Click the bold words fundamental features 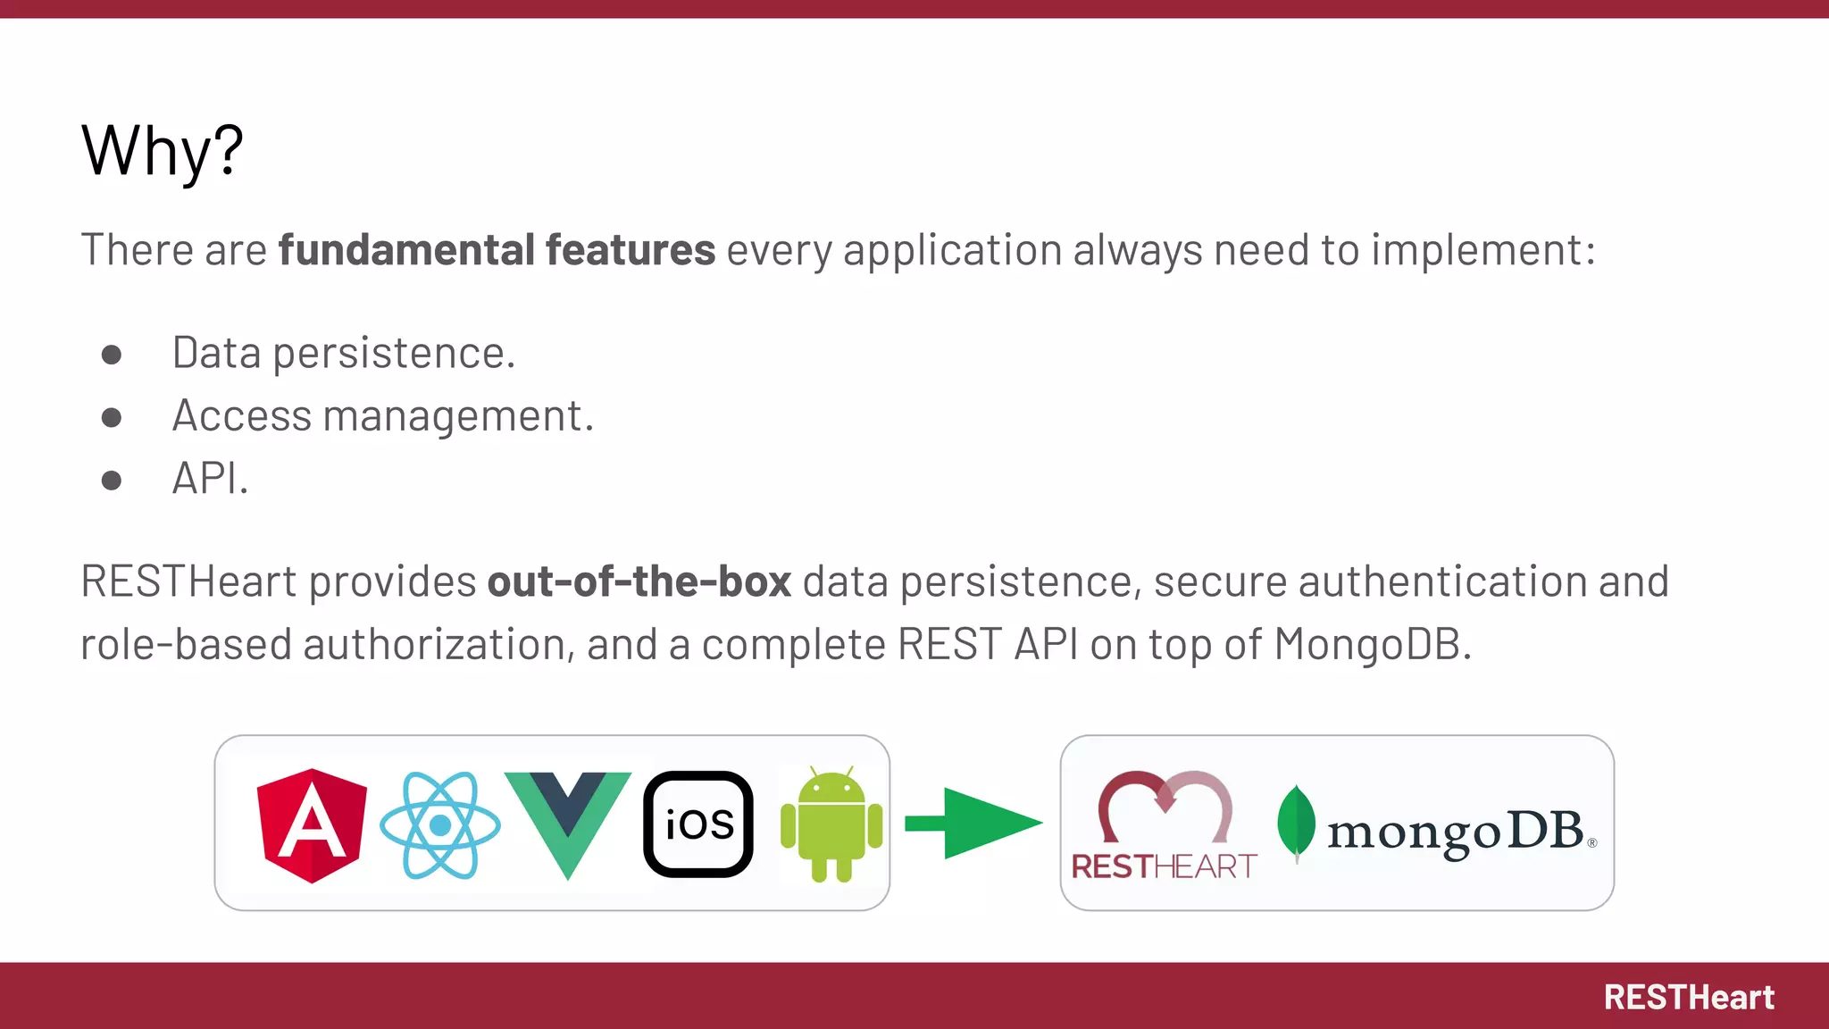coord(497,249)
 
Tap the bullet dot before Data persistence coord(112,355)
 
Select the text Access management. coord(382,416)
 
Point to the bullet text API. coord(209,479)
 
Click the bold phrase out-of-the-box coord(639,581)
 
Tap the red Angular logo coord(311,825)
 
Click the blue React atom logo coord(439,825)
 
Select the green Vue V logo coord(567,817)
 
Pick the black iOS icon coord(698,824)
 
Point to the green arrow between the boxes coord(975,823)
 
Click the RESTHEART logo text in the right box coord(1164,866)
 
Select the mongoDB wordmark coord(1456,832)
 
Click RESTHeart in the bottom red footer coord(1688,998)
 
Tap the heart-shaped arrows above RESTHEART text coord(1165,804)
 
